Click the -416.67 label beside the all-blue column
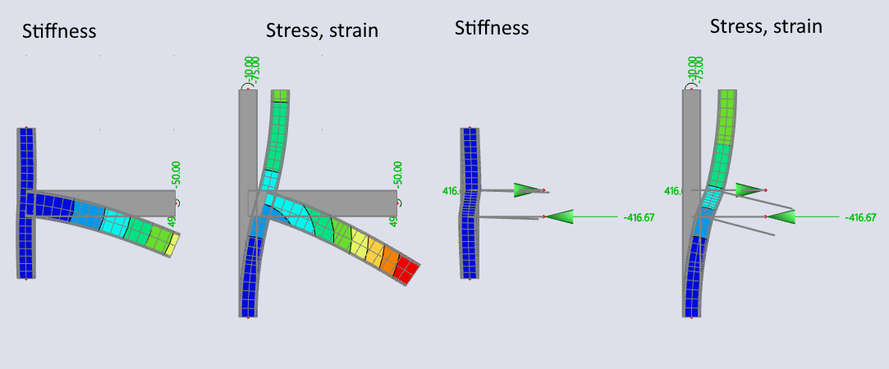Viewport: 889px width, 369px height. click(x=643, y=216)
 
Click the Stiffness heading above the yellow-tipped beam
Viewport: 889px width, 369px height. click(x=59, y=32)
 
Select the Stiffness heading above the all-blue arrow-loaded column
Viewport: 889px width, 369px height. click(x=492, y=27)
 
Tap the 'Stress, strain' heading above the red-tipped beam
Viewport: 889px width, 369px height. click(x=322, y=30)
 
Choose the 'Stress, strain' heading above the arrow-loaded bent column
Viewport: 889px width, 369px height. click(x=766, y=26)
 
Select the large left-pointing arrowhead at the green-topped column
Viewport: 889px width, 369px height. click(x=781, y=216)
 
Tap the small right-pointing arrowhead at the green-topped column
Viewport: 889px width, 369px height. click(x=748, y=189)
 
